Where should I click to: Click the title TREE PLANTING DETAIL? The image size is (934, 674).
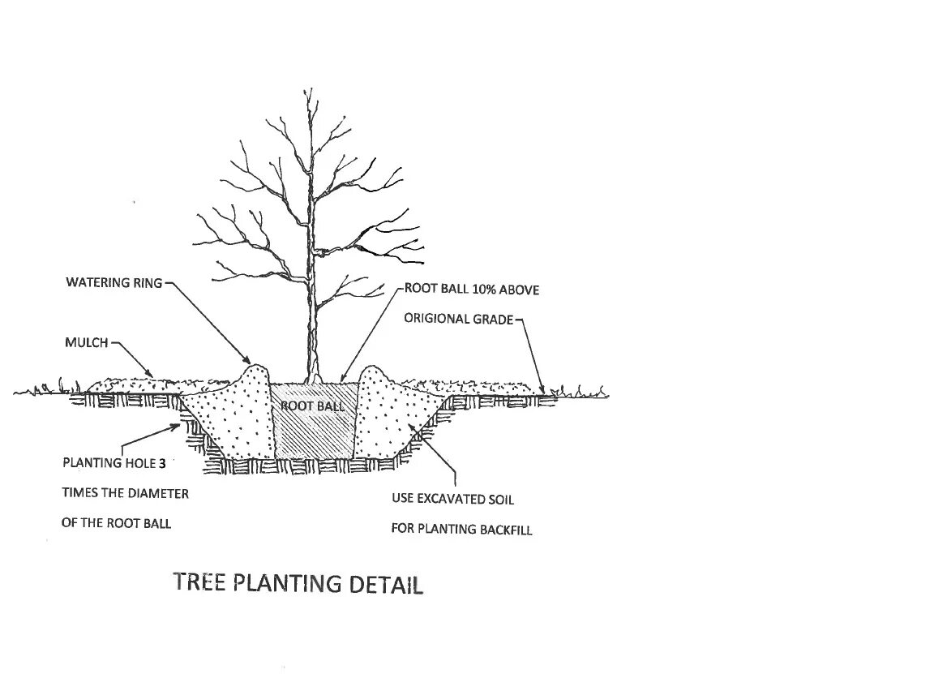298,584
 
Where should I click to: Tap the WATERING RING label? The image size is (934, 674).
114,283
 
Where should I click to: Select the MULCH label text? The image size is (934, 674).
86,343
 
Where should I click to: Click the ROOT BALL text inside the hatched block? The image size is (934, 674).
313,406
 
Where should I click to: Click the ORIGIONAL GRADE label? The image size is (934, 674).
459,319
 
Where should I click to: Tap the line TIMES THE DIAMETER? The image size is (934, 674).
125,493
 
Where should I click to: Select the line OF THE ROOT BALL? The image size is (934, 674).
116,523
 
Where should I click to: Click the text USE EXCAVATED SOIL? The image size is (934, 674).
452,499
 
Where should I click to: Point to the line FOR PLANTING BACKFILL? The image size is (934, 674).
462,529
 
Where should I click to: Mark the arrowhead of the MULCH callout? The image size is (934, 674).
154,376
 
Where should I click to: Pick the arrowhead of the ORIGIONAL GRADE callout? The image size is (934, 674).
541,393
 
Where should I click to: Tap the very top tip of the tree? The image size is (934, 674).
307,89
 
